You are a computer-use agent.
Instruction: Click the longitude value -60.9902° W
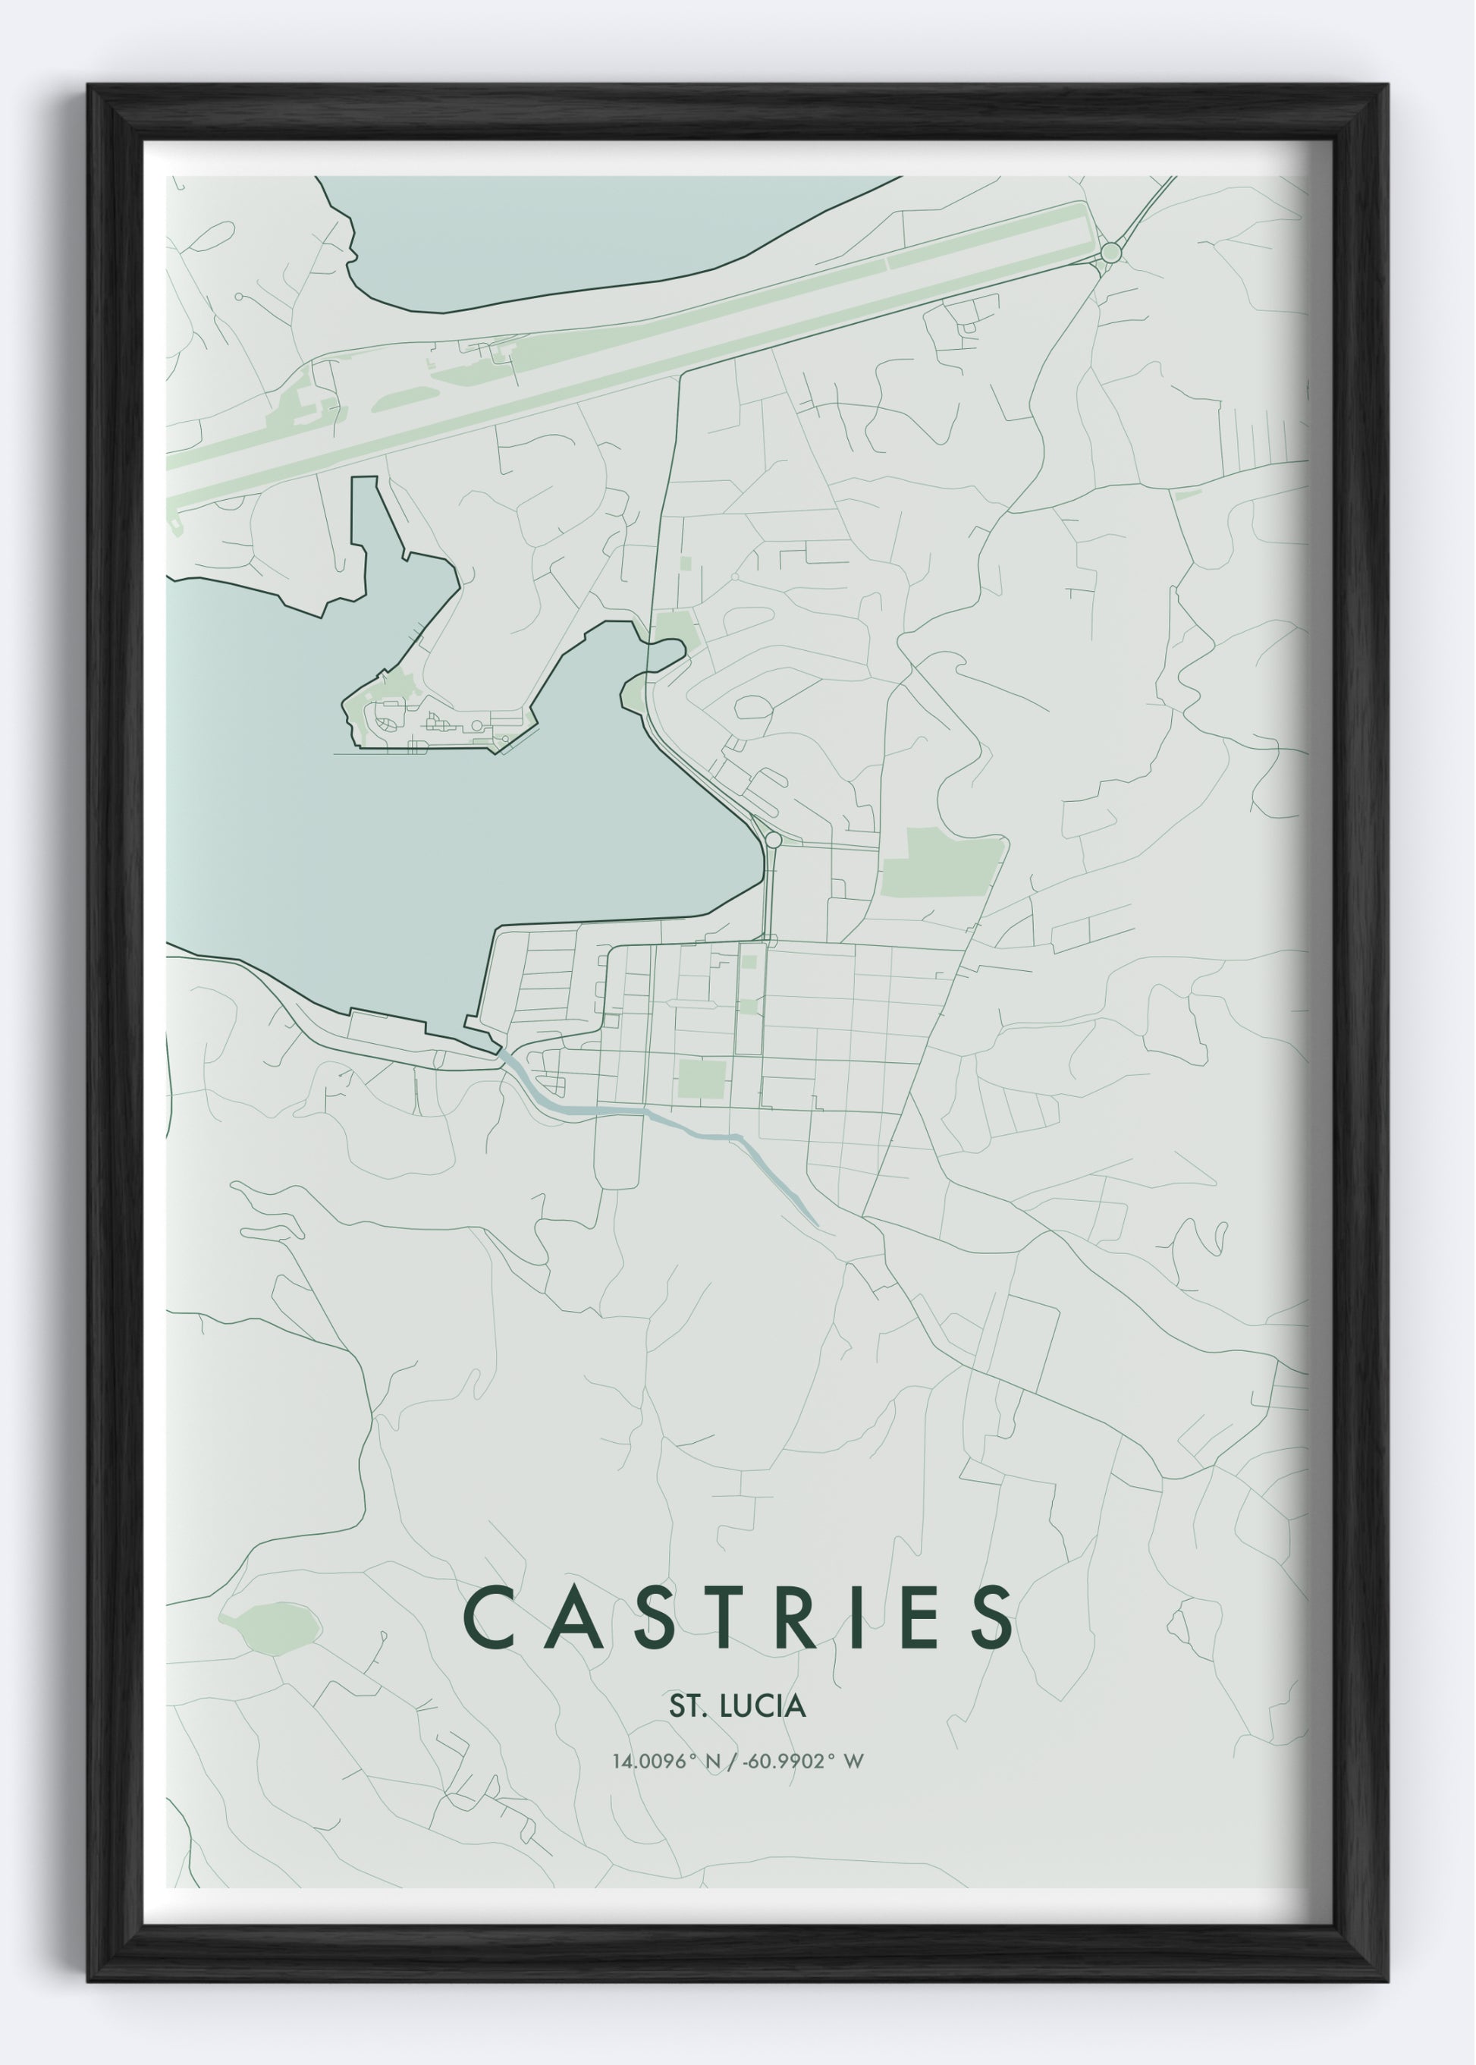point(802,1762)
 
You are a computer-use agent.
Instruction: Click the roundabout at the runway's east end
point(1110,252)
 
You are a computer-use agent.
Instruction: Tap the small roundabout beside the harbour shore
point(774,840)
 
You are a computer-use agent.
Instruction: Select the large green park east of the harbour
point(941,862)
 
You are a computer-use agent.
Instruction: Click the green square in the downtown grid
point(702,1078)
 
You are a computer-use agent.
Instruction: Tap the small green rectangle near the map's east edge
point(1187,495)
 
